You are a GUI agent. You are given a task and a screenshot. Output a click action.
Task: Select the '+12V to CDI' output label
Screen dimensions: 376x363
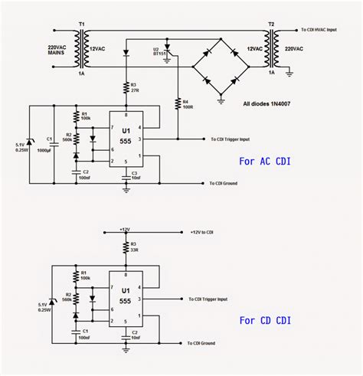point(206,230)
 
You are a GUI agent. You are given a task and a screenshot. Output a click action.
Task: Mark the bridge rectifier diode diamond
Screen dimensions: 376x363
point(220,67)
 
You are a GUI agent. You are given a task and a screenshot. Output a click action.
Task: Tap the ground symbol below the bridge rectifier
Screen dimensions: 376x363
point(220,99)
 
